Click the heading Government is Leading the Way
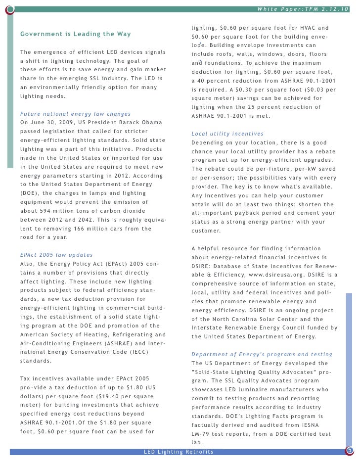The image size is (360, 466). (75, 34)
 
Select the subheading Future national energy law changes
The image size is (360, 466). (75, 114)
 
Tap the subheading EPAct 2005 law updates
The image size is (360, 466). (56, 255)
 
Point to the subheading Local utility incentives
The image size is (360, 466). (227, 134)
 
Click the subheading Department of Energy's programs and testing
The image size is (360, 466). (262, 354)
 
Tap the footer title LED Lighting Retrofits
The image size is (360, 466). (179, 452)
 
